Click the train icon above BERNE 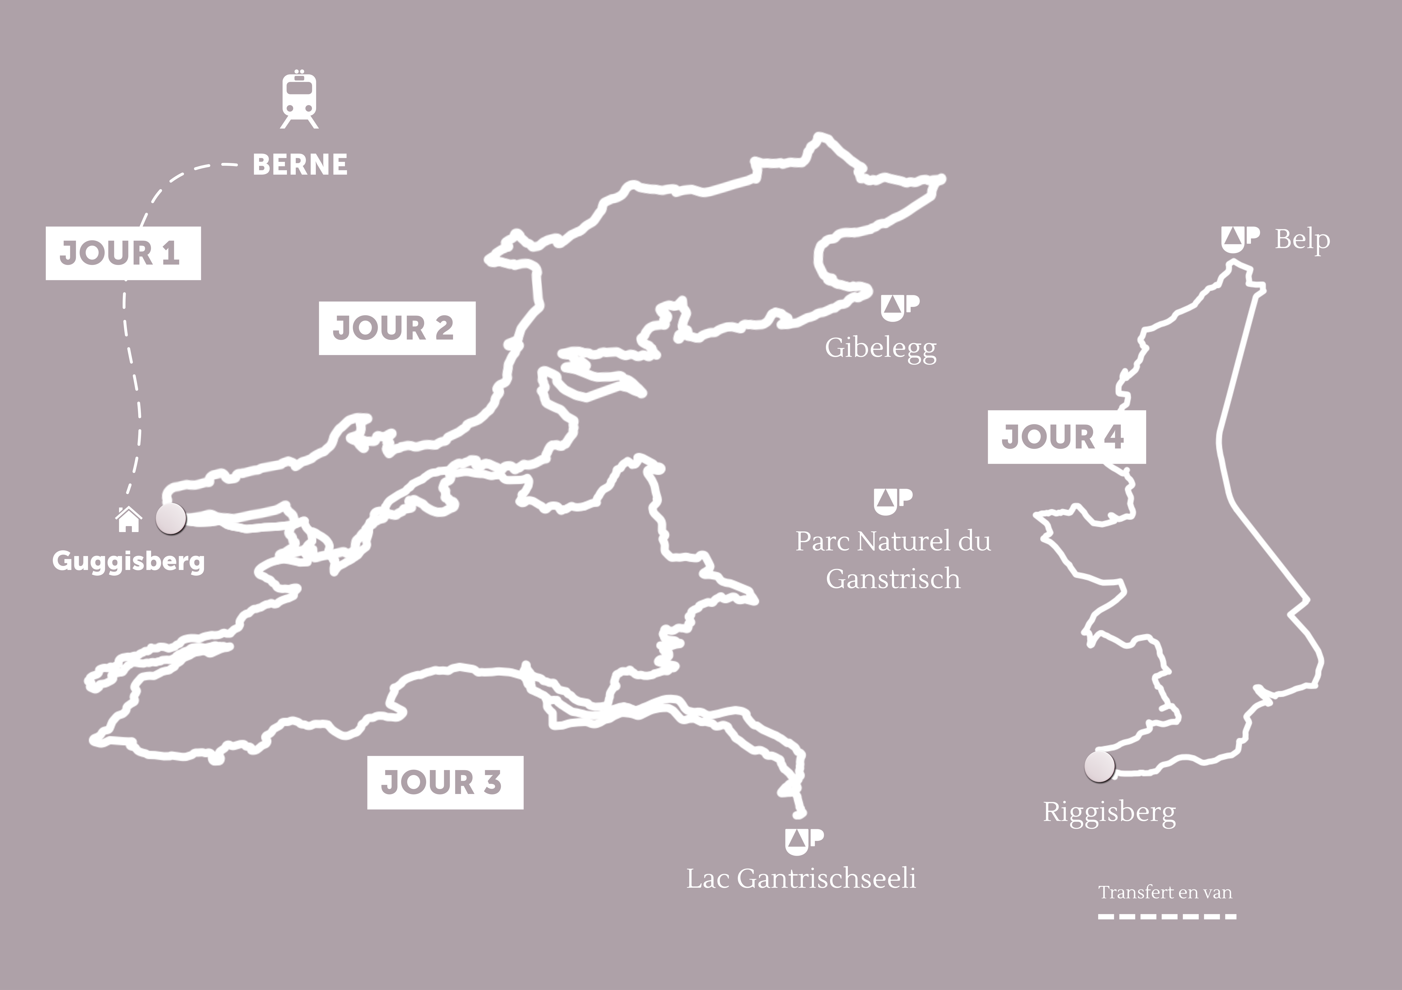pyautogui.click(x=299, y=101)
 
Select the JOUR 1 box pyautogui.click(x=123, y=253)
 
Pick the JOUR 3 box pyautogui.click(x=445, y=783)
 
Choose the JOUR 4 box pyautogui.click(x=1066, y=437)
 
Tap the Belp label pyautogui.click(x=1302, y=240)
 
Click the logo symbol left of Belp pyautogui.click(x=1240, y=239)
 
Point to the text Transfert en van pyautogui.click(x=1165, y=892)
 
